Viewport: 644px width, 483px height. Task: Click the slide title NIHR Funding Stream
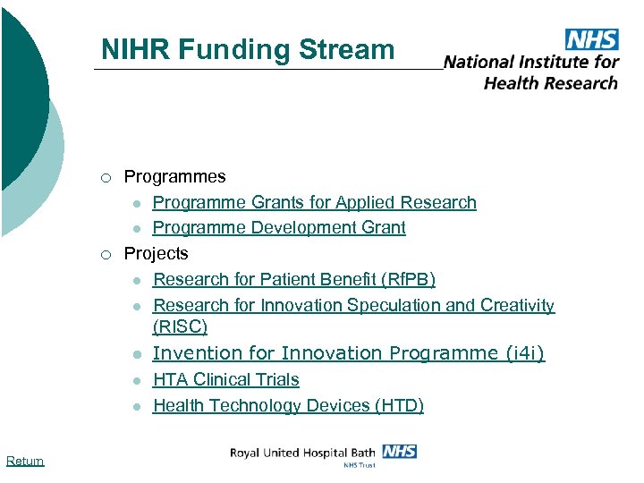coord(248,49)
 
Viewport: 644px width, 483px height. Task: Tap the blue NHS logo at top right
coord(591,39)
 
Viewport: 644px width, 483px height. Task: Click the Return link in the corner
coord(24,461)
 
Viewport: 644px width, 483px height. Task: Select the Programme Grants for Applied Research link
coord(315,202)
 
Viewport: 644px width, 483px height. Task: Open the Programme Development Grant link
coord(279,227)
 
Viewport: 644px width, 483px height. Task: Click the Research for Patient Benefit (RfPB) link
coord(294,280)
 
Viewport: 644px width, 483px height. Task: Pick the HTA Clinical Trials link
coord(226,379)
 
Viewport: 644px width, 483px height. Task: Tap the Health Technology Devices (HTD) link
coord(288,405)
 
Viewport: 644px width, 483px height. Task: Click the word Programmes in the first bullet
coord(174,177)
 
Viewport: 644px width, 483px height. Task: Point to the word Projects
coord(156,253)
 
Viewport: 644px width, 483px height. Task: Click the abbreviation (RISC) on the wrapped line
coord(180,326)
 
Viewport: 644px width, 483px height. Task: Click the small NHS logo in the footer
coord(399,451)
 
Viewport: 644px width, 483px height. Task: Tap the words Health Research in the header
coord(551,82)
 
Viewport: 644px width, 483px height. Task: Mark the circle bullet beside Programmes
coord(106,178)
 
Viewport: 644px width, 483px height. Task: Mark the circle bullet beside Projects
coord(106,254)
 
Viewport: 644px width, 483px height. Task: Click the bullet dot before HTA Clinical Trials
coord(134,380)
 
